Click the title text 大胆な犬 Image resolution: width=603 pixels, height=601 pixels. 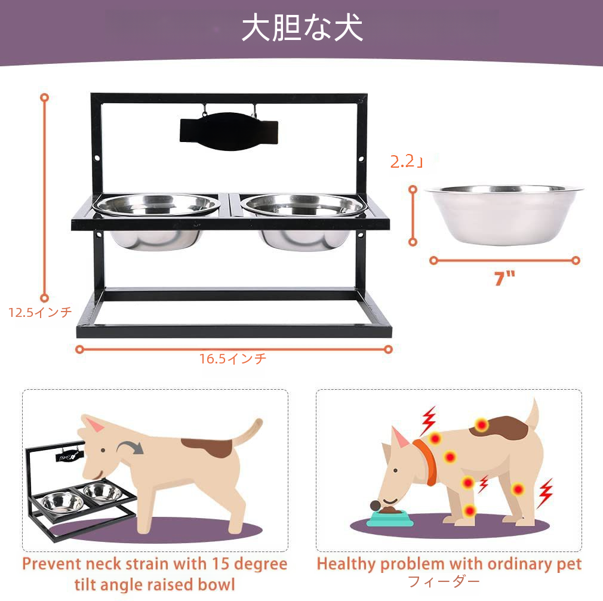[302, 27]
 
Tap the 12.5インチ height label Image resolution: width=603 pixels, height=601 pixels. [41, 312]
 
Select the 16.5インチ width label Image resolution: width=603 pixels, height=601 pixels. [233, 359]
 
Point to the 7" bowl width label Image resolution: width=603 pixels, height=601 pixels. [504, 278]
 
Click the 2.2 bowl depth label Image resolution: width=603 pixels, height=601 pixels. [407, 162]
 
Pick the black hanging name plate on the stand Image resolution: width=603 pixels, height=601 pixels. [229, 131]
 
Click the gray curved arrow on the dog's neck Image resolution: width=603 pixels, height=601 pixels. [130, 447]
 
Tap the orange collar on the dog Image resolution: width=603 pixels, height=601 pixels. [426, 462]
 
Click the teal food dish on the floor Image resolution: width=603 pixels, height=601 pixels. [390, 518]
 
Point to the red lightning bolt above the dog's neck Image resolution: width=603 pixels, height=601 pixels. [429, 420]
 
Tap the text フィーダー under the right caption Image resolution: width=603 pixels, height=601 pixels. [444, 581]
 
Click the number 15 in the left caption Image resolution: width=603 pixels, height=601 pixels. [220, 564]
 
